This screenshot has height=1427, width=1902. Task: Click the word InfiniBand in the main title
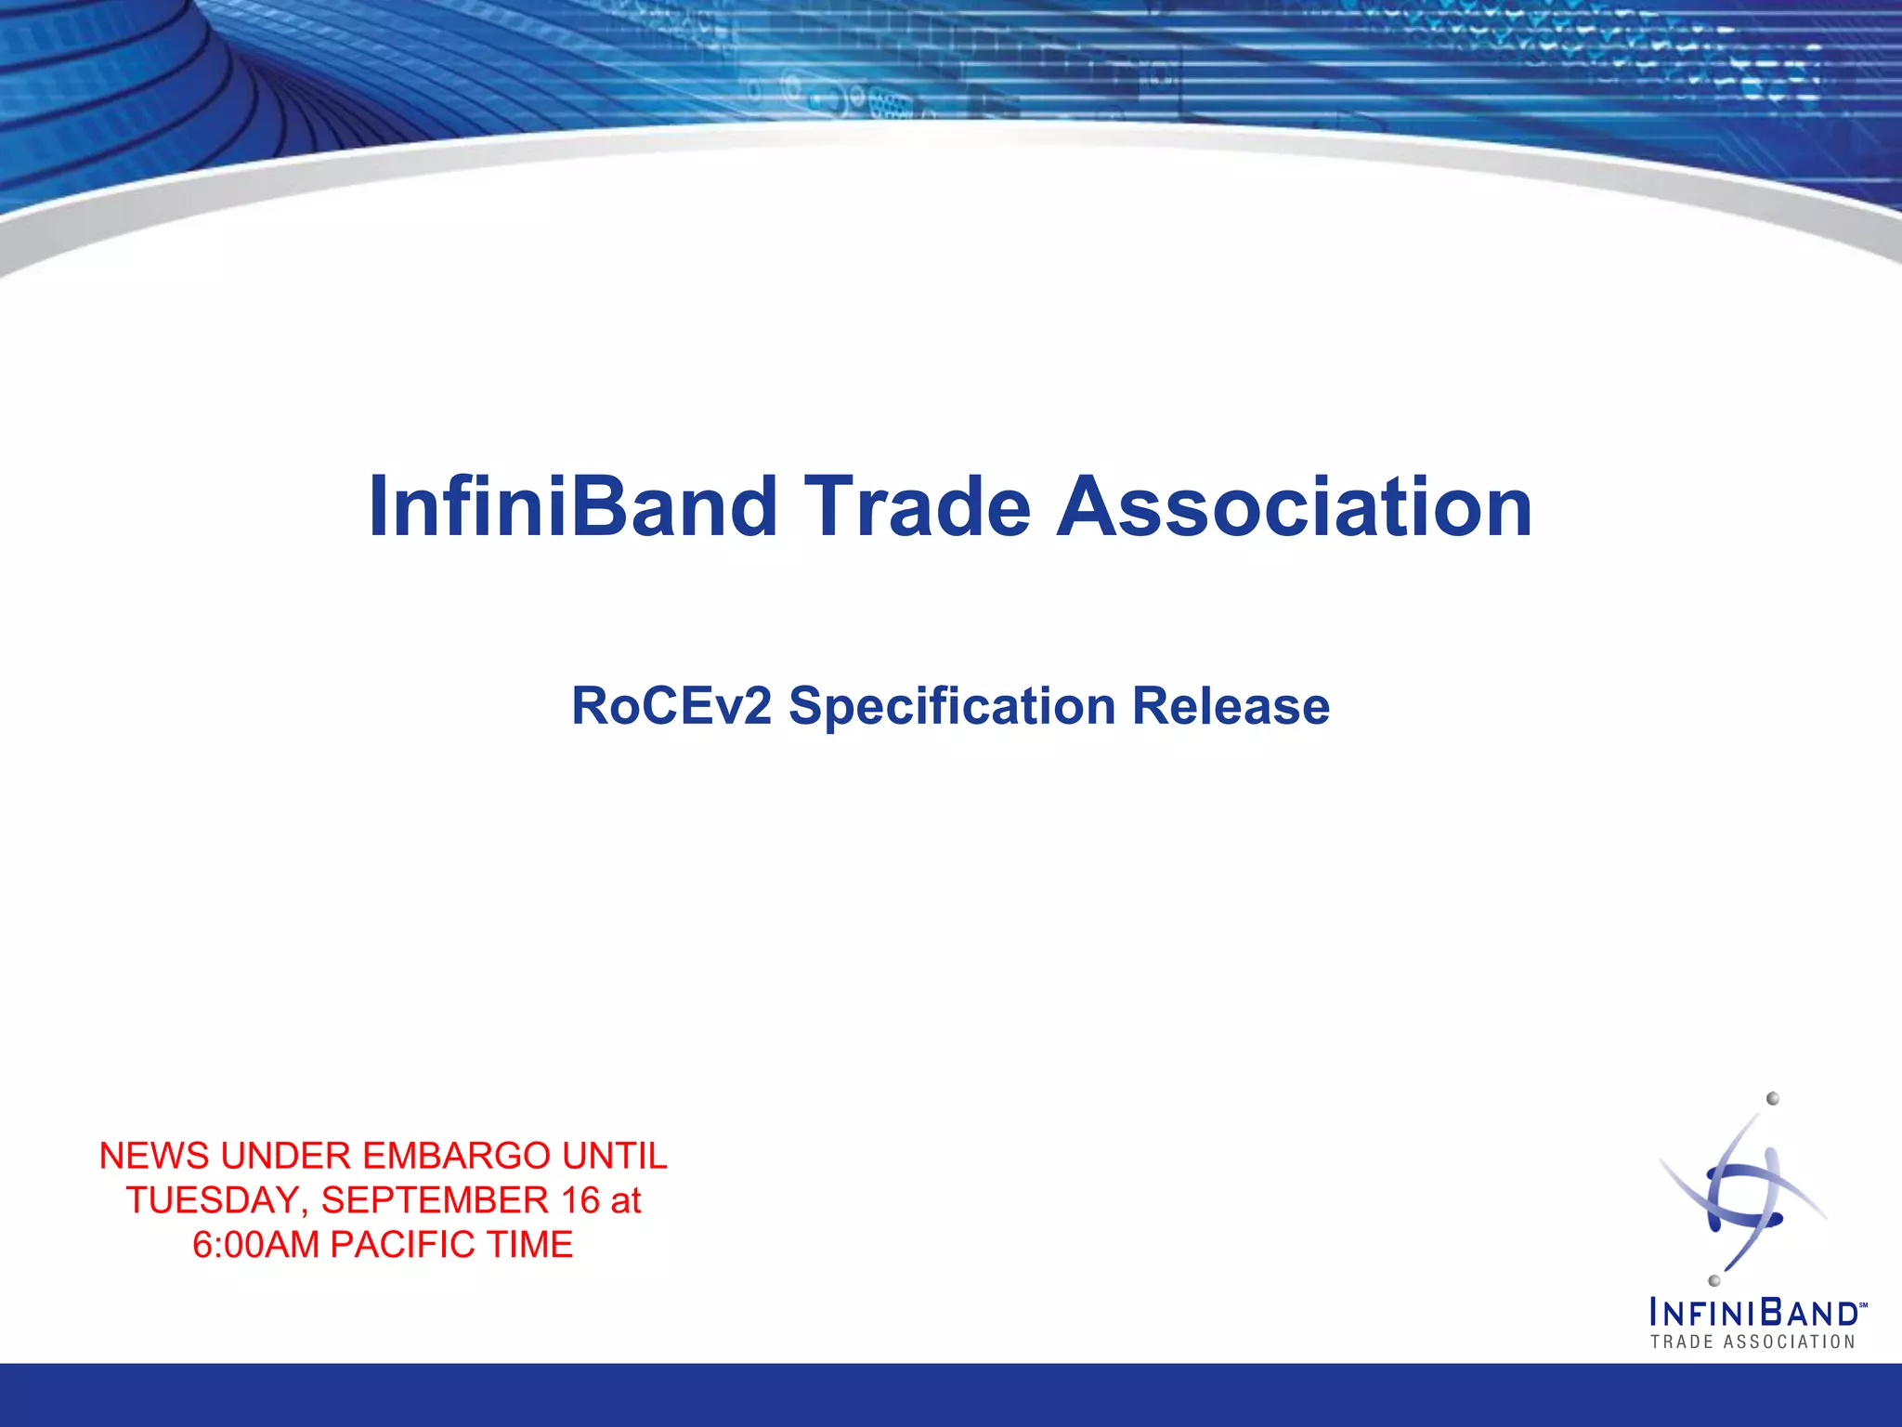click(x=572, y=507)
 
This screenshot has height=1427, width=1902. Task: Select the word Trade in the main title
click(x=917, y=507)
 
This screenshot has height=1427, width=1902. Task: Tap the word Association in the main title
click(x=1295, y=507)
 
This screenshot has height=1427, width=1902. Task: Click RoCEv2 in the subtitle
click(x=671, y=706)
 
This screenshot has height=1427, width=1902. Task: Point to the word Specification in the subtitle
click(x=951, y=706)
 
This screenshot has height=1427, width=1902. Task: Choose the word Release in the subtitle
click(x=1231, y=706)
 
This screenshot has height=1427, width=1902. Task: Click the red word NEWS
click(x=154, y=1157)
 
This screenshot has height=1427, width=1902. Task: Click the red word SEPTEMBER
click(x=435, y=1201)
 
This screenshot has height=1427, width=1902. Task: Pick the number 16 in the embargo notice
click(x=580, y=1201)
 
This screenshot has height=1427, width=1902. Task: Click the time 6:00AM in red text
click(x=255, y=1246)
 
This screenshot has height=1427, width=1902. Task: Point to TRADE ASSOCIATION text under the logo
click(x=1752, y=1342)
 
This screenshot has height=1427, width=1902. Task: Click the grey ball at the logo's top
click(x=1772, y=1099)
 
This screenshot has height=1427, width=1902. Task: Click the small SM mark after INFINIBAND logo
click(x=1862, y=1304)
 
